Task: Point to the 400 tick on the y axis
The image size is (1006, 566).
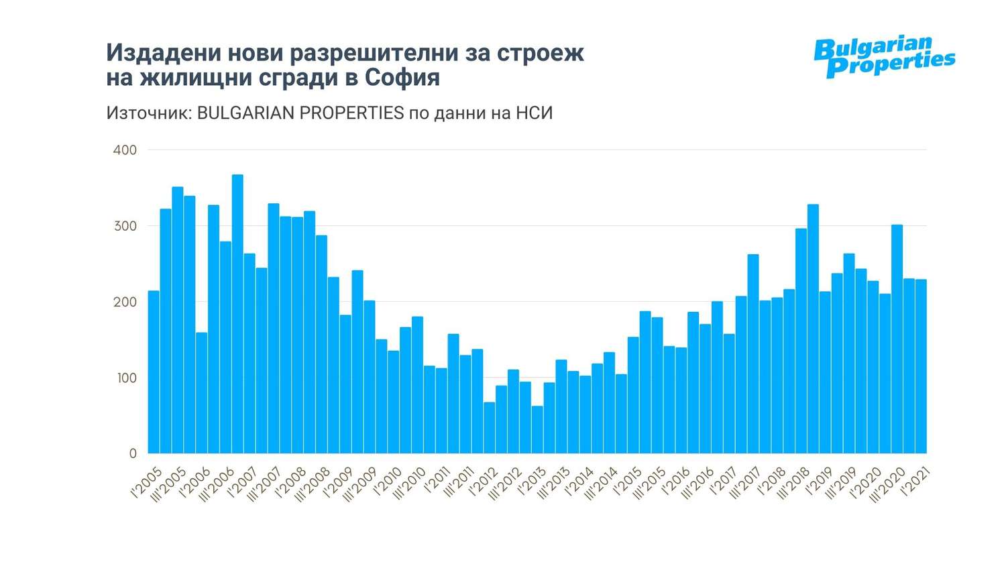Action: (125, 150)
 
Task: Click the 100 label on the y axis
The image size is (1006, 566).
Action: (125, 378)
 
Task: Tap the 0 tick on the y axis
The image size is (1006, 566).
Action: (132, 454)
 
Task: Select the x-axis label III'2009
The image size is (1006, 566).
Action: (359, 484)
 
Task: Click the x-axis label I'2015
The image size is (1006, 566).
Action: (628, 482)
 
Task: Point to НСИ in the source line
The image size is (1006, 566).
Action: (534, 113)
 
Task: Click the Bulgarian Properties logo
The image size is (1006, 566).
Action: (884, 57)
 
